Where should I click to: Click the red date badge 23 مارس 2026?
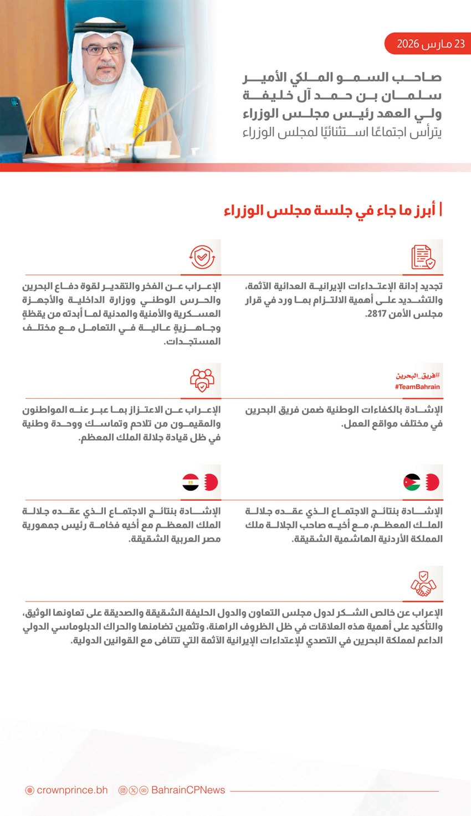(x=428, y=44)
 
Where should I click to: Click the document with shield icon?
(x=423, y=257)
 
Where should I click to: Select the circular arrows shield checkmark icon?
(x=202, y=257)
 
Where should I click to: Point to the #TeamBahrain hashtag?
(x=417, y=387)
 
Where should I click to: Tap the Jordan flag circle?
(x=412, y=483)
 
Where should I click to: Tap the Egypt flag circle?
(x=191, y=483)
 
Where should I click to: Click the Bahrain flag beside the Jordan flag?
(x=432, y=483)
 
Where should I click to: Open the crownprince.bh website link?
(x=72, y=790)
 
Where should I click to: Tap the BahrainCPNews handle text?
(x=188, y=790)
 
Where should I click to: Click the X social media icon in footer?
(x=133, y=791)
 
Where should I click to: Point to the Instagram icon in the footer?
(x=123, y=791)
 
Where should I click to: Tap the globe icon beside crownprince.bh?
(x=30, y=791)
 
